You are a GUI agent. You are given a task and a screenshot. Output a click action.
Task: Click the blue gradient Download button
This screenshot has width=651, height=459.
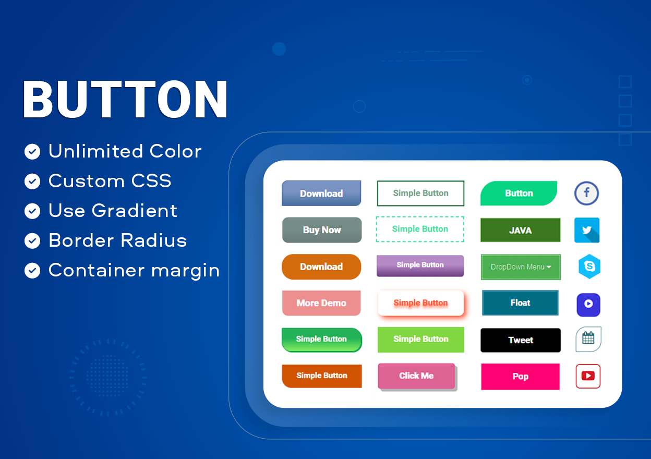pos(321,194)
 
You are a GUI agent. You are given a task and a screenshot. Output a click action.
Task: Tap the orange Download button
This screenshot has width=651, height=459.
pos(321,267)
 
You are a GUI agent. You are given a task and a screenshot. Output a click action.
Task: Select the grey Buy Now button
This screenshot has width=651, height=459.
pos(322,230)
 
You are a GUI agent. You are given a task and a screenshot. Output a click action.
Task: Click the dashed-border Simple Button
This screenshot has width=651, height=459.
pos(420,229)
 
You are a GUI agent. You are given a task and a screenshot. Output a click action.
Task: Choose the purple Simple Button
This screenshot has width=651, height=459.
pos(420,265)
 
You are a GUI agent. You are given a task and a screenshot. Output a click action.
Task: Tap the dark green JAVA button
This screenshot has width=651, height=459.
pos(520,230)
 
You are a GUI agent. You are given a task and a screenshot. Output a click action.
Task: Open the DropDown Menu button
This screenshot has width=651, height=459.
pos(521,267)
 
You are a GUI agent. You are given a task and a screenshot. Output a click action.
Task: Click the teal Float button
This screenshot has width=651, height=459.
pos(520,303)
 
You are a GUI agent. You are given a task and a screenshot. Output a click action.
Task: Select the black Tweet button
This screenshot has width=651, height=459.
pos(521,340)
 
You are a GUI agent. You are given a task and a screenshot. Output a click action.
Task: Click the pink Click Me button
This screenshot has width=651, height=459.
pos(416,376)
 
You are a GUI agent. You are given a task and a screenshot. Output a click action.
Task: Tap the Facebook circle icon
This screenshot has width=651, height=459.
pos(586,194)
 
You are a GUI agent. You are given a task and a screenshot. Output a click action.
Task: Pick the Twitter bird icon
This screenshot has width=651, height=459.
pos(587,230)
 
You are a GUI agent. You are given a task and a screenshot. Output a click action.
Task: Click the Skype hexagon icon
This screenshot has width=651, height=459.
pos(589,267)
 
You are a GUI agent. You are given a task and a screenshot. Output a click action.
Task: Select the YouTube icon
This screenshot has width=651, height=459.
pos(588,376)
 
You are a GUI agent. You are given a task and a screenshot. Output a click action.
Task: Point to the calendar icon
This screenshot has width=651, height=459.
pos(588,339)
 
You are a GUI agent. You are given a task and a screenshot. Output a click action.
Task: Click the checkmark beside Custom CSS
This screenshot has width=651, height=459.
pos(32,182)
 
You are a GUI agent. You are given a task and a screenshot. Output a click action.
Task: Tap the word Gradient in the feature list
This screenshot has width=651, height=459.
pos(135,210)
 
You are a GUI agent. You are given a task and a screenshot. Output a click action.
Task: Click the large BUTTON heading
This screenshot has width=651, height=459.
pos(125,99)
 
